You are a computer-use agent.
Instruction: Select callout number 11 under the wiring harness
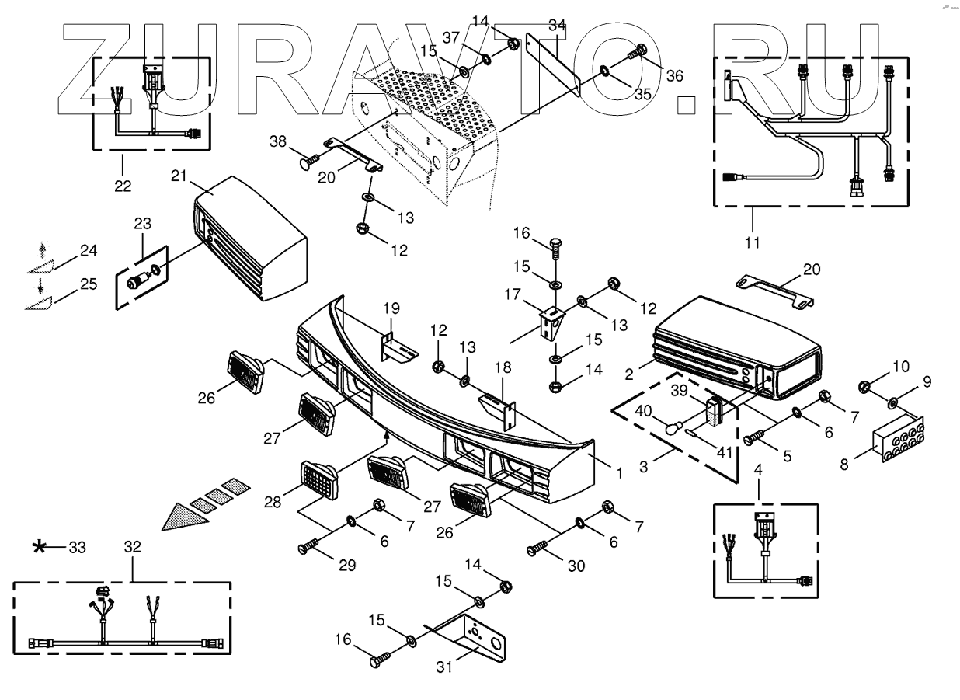click(x=752, y=242)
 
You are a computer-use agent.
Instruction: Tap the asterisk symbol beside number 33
click(x=38, y=548)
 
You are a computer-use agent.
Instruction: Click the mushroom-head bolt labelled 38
click(x=307, y=163)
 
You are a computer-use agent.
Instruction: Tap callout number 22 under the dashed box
click(x=123, y=186)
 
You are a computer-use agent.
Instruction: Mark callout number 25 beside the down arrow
click(x=89, y=284)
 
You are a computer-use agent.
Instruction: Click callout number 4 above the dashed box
click(x=758, y=468)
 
